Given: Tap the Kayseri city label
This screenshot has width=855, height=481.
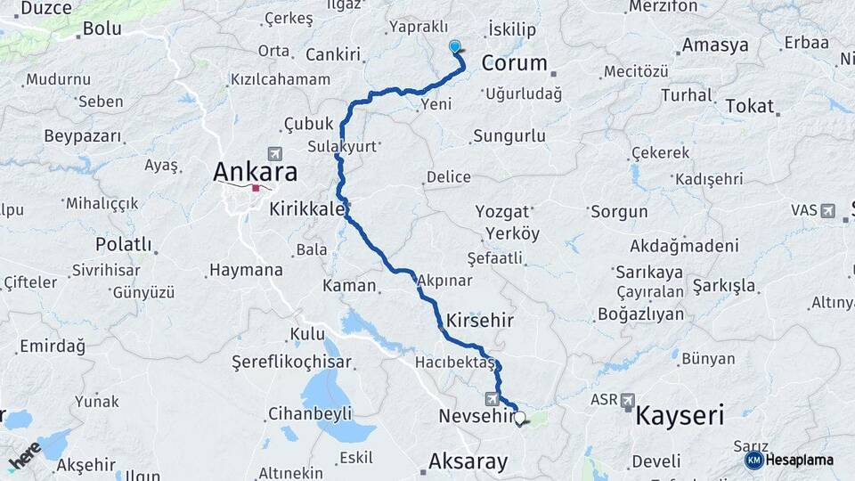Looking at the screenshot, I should pos(679,414).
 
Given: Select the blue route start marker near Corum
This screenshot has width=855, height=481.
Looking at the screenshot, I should pos(455,47).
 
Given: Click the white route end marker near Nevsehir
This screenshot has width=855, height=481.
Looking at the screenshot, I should pos(520,417).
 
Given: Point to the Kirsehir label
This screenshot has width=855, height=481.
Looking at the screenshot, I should pos(480,319).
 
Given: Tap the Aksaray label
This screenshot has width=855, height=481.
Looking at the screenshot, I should pos(468,461).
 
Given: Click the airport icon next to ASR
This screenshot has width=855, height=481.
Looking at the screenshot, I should pos(628,400).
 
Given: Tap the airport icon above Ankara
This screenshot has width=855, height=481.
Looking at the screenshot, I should pos(273,154).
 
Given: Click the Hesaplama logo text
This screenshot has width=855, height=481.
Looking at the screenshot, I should pos(800,461).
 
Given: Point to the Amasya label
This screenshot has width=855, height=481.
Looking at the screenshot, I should pos(715,45).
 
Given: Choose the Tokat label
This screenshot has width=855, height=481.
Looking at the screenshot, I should pos(749,105).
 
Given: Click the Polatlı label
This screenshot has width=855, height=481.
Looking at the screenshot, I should pos(124,244).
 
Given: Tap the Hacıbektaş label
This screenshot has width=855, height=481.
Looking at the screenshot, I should pos(454,363).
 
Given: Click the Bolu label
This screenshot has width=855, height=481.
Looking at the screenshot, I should pos(102,29).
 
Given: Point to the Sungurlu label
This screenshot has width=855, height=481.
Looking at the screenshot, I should pos(509,136).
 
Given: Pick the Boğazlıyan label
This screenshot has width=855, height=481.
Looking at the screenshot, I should pos(640,314).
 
